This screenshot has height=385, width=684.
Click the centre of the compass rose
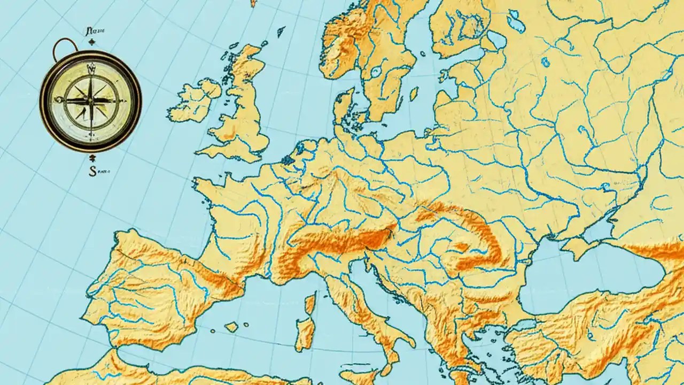(x=90, y=100)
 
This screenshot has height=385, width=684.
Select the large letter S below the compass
(x=91, y=171)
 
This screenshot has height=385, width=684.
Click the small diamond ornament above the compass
(x=92, y=42)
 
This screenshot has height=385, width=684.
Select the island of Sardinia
(x=306, y=332)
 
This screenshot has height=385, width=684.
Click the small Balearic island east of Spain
(x=231, y=327)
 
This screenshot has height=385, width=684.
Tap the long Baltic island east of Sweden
(x=413, y=94)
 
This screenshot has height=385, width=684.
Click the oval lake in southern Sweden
(x=376, y=72)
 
